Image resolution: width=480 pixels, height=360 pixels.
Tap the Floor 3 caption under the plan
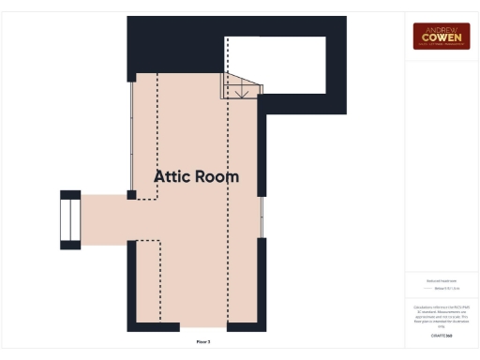click(x=203, y=342)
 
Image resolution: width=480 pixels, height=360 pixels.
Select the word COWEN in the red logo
click(x=442, y=37)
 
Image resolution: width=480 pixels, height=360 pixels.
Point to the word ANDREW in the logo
click(x=442, y=28)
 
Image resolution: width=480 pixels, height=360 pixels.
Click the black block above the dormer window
click(x=70, y=194)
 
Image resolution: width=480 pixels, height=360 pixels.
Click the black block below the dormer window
click(x=70, y=245)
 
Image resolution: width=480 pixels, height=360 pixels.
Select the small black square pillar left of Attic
click(x=132, y=195)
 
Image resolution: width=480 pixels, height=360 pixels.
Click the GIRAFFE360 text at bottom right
click(x=441, y=335)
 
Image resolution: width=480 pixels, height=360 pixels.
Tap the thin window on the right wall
click(x=262, y=217)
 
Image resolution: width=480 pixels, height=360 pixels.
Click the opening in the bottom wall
click(x=203, y=327)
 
